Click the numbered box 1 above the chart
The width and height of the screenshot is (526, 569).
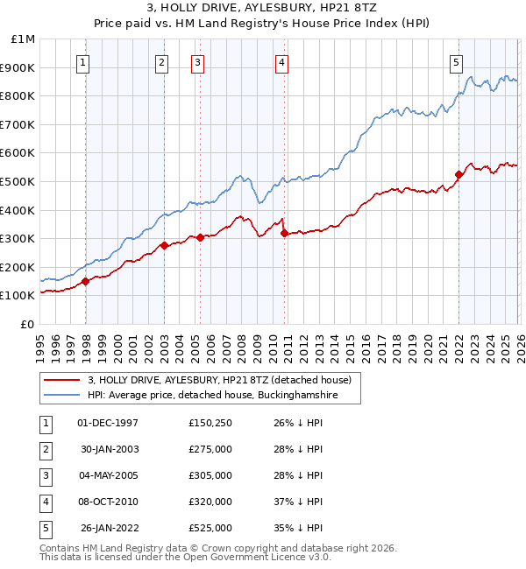tap(83, 62)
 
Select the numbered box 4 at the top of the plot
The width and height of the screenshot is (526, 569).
tap(281, 62)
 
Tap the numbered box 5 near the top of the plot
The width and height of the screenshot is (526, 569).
tap(457, 62)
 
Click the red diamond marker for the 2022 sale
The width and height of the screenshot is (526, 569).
tap(459, 174)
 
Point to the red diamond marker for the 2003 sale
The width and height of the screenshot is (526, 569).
tap(165, 246)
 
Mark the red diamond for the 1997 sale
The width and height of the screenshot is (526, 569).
tap(86, 281)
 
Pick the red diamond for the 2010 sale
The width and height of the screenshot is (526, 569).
tap(284, 233)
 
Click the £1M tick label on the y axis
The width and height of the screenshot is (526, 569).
tap(25, 39)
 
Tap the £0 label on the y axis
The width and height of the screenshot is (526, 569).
tap(27, 324)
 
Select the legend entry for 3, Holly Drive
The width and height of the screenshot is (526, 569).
tap(218, 380)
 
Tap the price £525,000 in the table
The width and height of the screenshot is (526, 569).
tap(210, 528)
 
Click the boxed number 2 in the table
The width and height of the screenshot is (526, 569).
tap(45, 449)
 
